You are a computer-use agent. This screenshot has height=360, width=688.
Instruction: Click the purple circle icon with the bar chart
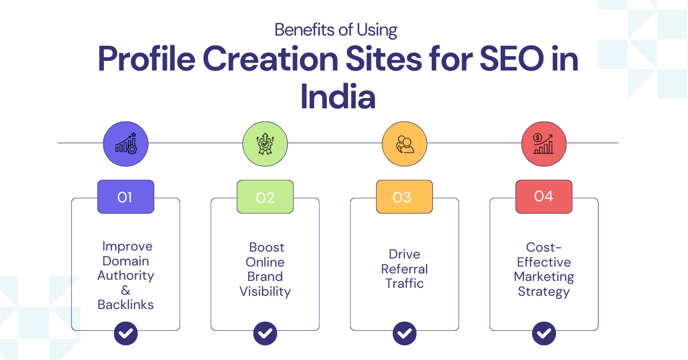pos(126,144)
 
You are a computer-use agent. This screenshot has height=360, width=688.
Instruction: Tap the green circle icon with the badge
pos(265,144)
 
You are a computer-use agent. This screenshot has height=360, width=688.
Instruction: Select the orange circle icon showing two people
pos(405,144)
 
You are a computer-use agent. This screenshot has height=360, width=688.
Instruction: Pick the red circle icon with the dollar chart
pos(544,144)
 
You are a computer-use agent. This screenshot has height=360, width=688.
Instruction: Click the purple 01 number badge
pos(126,197)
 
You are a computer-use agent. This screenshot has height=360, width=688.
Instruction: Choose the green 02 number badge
pos(265,197)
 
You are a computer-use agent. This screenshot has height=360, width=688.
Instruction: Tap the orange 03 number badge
pos(405,197)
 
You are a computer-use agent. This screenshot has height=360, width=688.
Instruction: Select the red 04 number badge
pos(544,197)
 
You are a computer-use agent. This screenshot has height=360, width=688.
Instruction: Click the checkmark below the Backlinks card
pos(126,333)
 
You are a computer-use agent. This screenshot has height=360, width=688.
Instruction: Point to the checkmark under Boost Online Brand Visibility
pos(265,333)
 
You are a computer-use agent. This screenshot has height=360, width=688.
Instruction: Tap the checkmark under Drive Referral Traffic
pos(405,333)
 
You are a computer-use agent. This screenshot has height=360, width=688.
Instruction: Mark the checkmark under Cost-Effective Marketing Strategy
pos(544,333)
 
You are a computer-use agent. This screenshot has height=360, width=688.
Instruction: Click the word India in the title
pos(338,96)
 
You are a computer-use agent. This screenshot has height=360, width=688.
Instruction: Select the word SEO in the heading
pos(511,58)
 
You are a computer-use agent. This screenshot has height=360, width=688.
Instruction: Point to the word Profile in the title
pos(147,58)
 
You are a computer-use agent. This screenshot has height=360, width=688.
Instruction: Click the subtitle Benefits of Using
pos(336,30)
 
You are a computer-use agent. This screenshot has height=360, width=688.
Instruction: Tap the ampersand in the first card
pos(126,290)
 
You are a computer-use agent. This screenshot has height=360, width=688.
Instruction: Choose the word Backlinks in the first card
pos(126,305)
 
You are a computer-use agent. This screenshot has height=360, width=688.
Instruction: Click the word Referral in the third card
pos(405,269)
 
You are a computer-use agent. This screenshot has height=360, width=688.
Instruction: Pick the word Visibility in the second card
pos(265,292)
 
